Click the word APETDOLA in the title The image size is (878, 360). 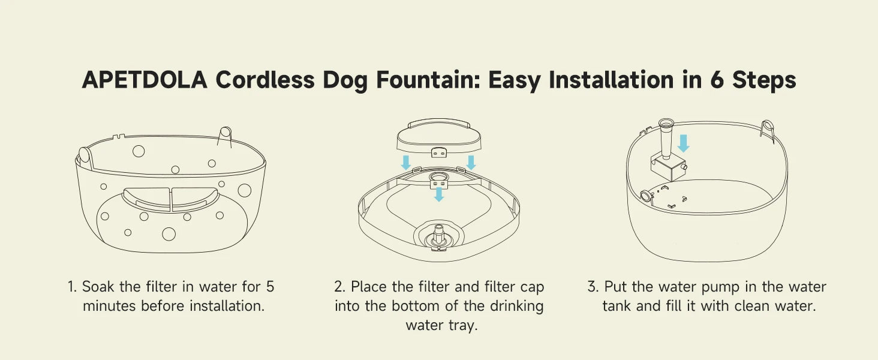(145, 80)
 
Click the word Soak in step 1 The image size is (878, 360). (98, 287)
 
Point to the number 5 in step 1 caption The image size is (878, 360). (270, 287)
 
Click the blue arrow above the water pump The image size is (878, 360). (683, 143)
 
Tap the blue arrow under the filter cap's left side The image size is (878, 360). (406, 163)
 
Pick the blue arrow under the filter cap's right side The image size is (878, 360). (471, 163)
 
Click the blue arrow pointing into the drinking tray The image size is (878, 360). (439, 194)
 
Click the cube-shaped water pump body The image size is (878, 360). (669, 167)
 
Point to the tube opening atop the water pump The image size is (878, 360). (666, 123)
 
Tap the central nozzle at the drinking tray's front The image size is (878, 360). (438, 235)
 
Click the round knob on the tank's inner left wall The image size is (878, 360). (645, 195)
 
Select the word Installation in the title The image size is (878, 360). (611, 80)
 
